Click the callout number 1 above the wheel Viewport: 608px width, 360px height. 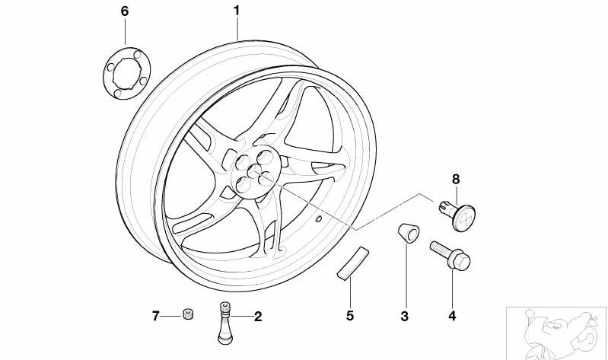(x=237, y=11)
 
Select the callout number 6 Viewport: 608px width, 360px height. (x=125, y=11)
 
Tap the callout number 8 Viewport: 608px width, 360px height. (x=456, y=179)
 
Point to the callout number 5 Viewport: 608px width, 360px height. (x=350, y=315)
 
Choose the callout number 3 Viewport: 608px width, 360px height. (x=404, y=316)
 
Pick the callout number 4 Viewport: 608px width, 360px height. (x=452, y=316)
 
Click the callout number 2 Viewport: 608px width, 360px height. (x=258, y=317)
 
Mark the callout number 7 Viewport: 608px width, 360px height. (x=155, y=316)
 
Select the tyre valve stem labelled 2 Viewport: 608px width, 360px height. (x=225, y=323)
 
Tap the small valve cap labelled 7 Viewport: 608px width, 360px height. (x=189, y=314)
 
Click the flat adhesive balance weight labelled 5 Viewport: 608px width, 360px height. (x=353, y=263)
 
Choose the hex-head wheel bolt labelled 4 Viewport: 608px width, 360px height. (x=450, y=255)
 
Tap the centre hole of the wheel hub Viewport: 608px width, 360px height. (x=255, y=170)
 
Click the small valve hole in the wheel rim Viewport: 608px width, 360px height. (x=319, y=218)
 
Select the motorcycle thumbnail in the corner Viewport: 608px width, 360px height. (x=557, y=333)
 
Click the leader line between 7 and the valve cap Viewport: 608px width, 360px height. (x=170, y=316)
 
